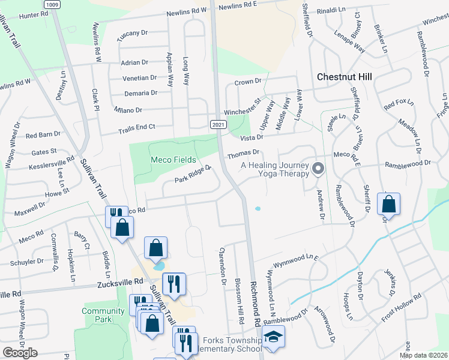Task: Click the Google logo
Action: click(20, 353)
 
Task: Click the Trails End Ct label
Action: click(136, 127)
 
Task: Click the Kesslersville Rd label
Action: click(53, 163)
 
